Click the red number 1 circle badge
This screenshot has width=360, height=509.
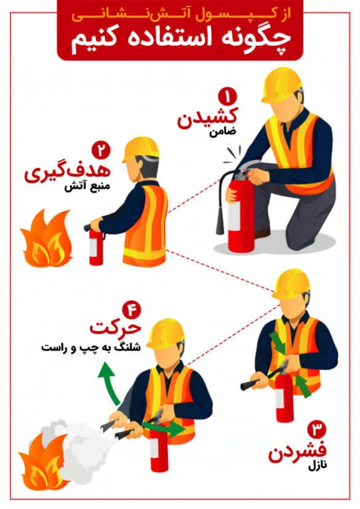coord(228,96)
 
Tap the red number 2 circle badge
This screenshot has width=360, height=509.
coord(102,150)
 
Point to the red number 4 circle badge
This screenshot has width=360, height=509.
coord(132,310)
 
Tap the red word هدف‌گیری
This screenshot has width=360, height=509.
coord(68,172)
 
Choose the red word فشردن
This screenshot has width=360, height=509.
coord(297,452)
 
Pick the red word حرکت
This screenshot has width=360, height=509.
coord(115,329)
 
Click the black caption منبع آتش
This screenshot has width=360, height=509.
coord(87,187)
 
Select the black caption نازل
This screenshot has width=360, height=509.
coord(318,467)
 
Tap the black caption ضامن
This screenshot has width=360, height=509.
coord(223,132)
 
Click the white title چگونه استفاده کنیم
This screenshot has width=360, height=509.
coord(180,38)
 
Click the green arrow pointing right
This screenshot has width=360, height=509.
coord(164,428)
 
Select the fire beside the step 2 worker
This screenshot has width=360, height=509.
coord(46,238)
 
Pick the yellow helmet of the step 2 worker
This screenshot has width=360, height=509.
coord(140,149)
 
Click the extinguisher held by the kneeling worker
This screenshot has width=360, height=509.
coord(239,210)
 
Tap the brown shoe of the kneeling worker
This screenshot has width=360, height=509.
coord(262,233)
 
